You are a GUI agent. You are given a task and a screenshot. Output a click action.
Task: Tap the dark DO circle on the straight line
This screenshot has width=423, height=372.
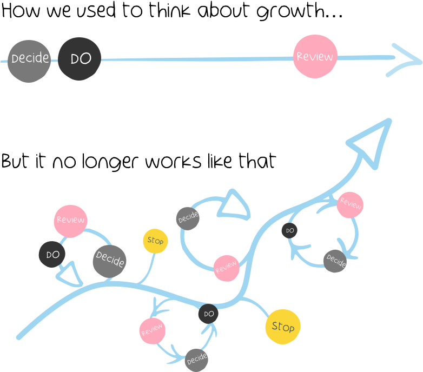click(80, 59)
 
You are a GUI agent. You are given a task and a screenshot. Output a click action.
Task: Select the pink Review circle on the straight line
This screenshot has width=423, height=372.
click(315, 56)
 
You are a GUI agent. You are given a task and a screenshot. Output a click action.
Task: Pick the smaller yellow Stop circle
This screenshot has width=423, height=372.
click(155, 241)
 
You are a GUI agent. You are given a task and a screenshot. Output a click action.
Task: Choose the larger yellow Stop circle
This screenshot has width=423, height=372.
click(282, 327)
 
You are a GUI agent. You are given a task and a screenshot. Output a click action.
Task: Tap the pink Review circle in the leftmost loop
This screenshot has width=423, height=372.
click(70, 221)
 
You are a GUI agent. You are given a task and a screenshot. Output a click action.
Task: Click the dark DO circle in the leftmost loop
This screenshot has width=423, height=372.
click(52, 255)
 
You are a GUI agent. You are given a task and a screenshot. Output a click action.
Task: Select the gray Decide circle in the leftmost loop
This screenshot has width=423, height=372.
click(109, 261)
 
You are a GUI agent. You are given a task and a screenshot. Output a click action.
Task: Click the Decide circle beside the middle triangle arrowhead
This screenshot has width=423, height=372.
click(188, 218)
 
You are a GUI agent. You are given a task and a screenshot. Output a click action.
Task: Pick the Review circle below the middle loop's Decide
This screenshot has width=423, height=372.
click(226, 268)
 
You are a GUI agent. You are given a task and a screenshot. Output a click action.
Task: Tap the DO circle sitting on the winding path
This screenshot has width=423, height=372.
click(208, 314)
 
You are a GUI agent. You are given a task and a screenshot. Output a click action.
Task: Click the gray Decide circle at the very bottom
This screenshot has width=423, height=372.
click(196, 360)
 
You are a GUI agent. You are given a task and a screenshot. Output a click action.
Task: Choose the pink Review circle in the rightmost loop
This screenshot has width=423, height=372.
click(350, 205)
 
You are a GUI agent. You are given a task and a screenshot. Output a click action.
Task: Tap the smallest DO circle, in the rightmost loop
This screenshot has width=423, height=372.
click(289, 230)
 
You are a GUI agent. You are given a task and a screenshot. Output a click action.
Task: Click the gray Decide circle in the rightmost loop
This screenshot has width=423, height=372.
click(335, 261)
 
